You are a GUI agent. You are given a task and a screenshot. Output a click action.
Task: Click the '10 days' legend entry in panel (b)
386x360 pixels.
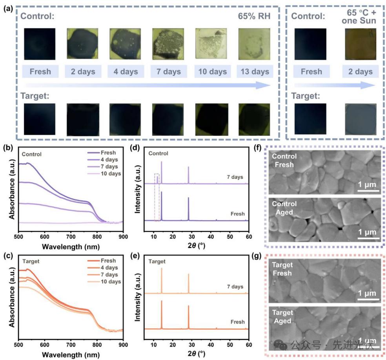click(x=110, y=174)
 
